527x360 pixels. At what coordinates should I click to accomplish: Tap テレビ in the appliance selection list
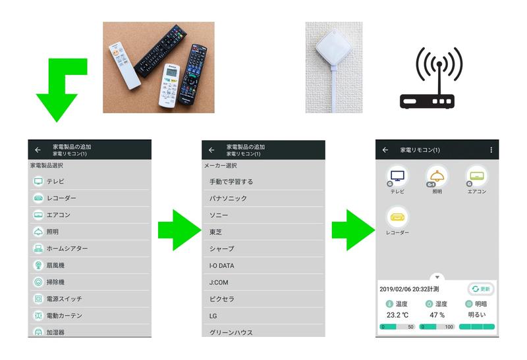(x=55, y=182)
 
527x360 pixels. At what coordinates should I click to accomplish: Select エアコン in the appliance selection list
(x=58, y=215)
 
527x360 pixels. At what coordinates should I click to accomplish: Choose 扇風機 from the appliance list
(x=55, y=265)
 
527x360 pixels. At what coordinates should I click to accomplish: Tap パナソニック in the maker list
(x=228, y=199)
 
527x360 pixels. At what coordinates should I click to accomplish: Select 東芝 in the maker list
(x=215, y=232)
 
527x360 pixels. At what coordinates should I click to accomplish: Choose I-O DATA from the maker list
(x=221, y=266)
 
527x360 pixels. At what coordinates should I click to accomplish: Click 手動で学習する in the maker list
(x=231, y=182)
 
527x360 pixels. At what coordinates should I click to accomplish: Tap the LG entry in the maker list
(x=213, y=316)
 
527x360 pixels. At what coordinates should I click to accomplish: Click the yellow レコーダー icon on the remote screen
(x=398, y=217)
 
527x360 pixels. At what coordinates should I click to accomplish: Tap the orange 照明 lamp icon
(x=437, y=176)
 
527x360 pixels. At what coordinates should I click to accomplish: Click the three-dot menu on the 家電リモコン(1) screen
(x=491, y=150)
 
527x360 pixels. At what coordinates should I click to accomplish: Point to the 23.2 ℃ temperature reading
(x=397, y=315)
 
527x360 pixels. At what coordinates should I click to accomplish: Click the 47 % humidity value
(x=437, y=315)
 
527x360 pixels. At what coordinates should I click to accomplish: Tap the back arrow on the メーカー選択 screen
(x=211, y=150)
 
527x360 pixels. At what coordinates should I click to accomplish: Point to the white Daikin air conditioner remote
(x=169, y=86)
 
